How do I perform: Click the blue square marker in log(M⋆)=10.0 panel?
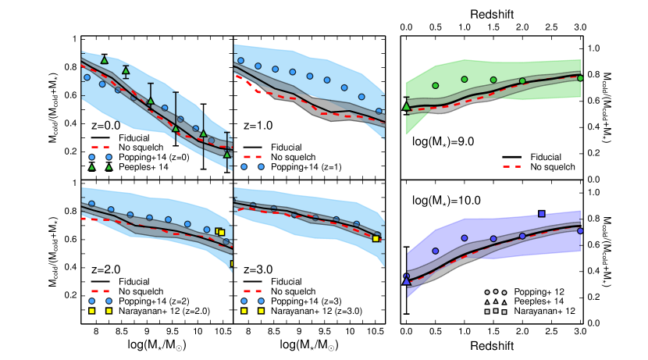point(542,213)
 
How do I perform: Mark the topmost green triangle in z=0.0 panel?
point(104,59)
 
